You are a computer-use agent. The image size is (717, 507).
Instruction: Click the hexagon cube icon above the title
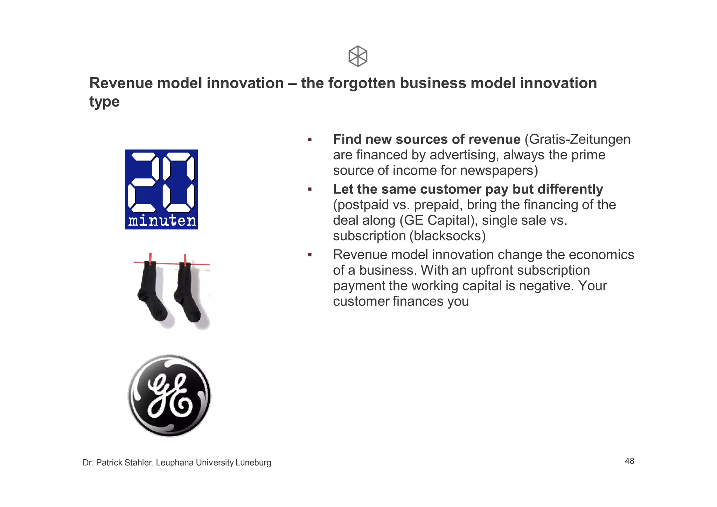pyautogui.click(x=358, y=56)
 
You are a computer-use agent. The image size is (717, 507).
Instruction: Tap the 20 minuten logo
pyautogui.click(x=161, y=189)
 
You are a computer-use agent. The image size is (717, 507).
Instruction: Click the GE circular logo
pyautogui.click(x=169, y=396)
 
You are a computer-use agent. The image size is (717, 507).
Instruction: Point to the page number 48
pyautogui.click(x=629, y=461)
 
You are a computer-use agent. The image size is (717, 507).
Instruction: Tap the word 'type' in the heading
pyautogui.click(x=104, y=102)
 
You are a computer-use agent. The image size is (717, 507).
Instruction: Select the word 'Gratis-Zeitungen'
pyautogui.click(x=579, y=139)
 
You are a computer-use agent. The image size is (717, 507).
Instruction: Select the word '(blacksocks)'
pyautogui.click(x=447, y=236)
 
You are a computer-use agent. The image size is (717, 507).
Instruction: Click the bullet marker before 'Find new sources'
pyautogui.click(x=310, y=139)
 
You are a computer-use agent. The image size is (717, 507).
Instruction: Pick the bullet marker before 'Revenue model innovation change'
pyautogui.click(x=310, y=255)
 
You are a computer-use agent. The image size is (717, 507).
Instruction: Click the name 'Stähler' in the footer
pyautogui.click(x=139, y=463)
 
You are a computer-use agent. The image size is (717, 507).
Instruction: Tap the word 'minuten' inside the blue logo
pyautogui.click(x=162, y=221)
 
